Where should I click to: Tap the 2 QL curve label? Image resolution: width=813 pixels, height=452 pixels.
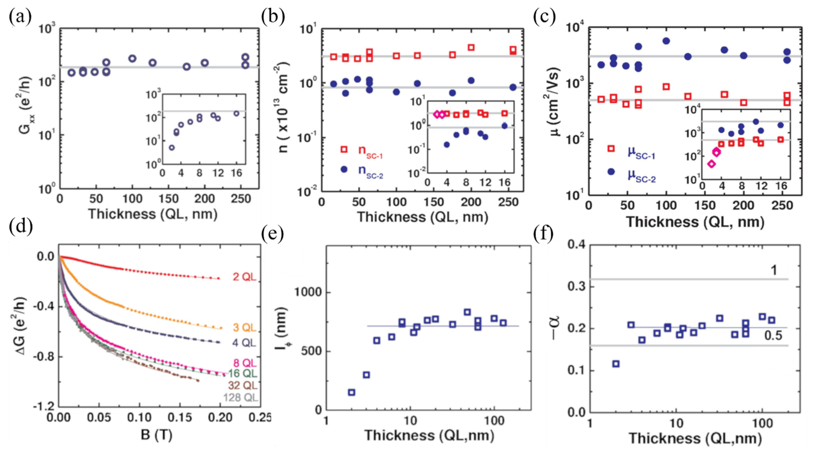click(x=244, y=277)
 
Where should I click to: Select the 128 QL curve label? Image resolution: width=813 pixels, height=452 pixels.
click(x=240, y=397)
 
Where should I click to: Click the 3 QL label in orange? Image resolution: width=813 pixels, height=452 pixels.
click(x=244, y=328)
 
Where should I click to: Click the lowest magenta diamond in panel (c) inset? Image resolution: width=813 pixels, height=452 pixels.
click(x=711, y=164)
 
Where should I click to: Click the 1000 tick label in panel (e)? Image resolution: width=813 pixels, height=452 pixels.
click(x=308, y=292)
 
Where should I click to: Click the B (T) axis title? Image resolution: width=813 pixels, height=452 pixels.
click(x=157, y=435)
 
